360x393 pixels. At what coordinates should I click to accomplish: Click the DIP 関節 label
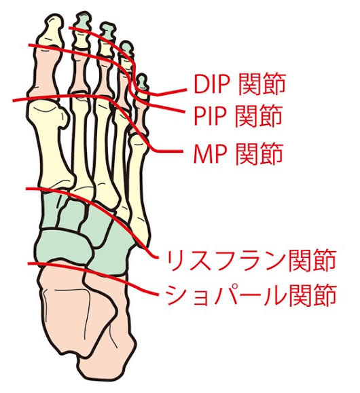(240, 83)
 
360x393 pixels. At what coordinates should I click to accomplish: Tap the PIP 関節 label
(238, 115)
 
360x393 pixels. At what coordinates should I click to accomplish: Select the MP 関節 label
(238, 153)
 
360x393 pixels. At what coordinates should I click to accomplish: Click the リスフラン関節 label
(251, 260)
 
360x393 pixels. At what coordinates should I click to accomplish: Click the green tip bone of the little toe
(142, 81)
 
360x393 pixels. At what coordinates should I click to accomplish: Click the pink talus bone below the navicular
(68, 308)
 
